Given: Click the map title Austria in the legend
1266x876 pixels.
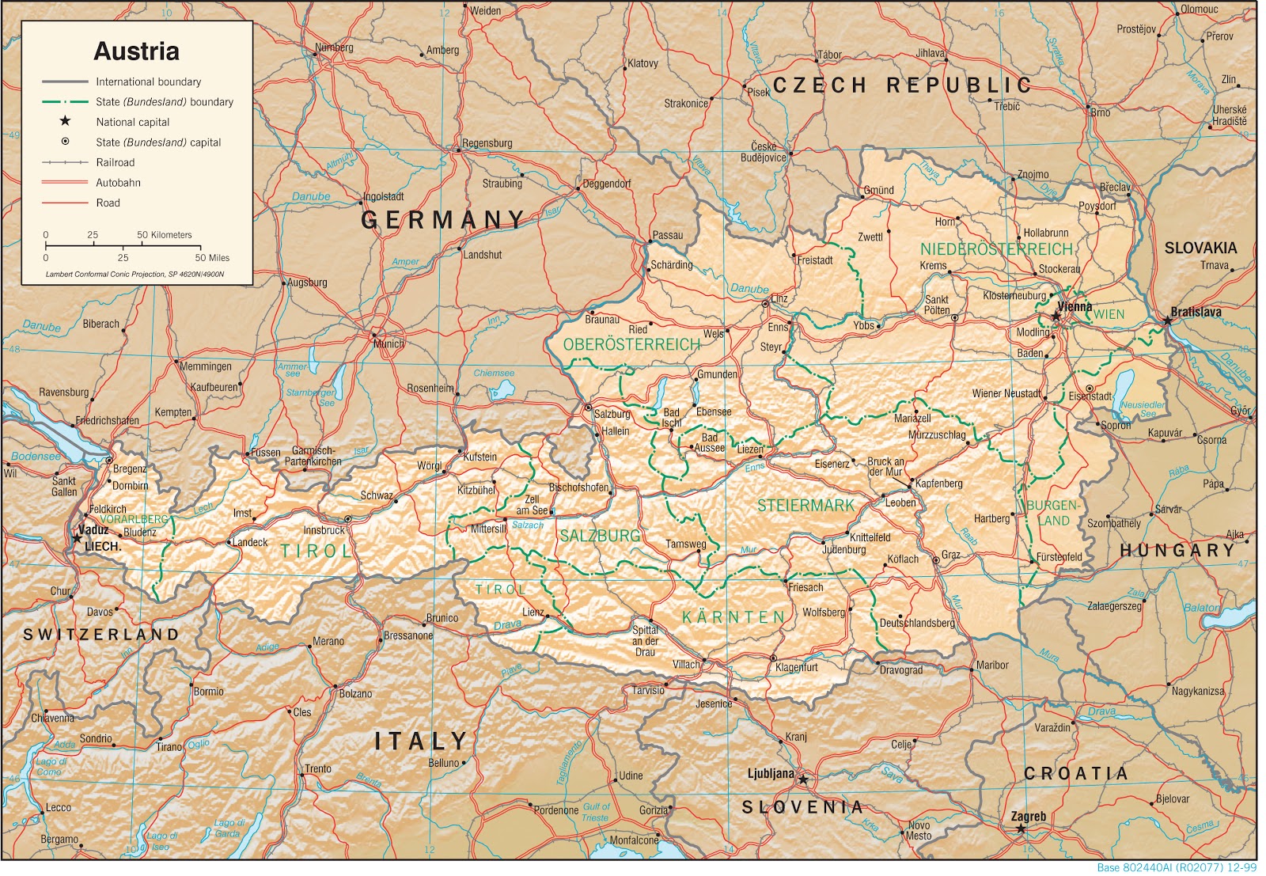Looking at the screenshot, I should coord(136,51).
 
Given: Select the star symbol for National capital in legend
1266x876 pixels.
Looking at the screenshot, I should coord(65,121).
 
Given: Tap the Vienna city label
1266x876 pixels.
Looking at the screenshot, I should coord(1075,306).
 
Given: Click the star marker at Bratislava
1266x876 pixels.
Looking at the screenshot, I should coord(1167,320).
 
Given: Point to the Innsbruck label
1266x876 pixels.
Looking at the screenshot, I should coord(324,530).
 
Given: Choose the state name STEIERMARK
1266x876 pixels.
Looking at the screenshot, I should coord(805,506).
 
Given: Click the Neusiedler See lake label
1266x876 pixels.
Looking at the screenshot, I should coord(1143,408).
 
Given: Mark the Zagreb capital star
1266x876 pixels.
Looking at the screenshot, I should coord(1021,829).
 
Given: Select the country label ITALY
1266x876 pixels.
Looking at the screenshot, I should coord(421,741).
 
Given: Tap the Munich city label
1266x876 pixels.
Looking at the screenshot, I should coord(389,343).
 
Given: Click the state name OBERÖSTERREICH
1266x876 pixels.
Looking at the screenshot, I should coord(631,345).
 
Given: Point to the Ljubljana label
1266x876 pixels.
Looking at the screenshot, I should coord(771,773).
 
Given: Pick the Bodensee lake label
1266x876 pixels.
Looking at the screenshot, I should coord(36,457).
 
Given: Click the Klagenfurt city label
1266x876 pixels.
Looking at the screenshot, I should coord(796,667).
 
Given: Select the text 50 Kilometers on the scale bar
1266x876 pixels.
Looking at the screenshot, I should coord(164,235).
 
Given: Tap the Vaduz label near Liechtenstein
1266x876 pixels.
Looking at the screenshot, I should coord(93,529).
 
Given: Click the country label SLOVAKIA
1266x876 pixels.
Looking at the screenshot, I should coord(1200,248).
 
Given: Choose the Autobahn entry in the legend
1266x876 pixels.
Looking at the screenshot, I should coord(118,183).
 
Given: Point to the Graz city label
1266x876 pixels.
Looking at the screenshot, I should coord(950,555).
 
